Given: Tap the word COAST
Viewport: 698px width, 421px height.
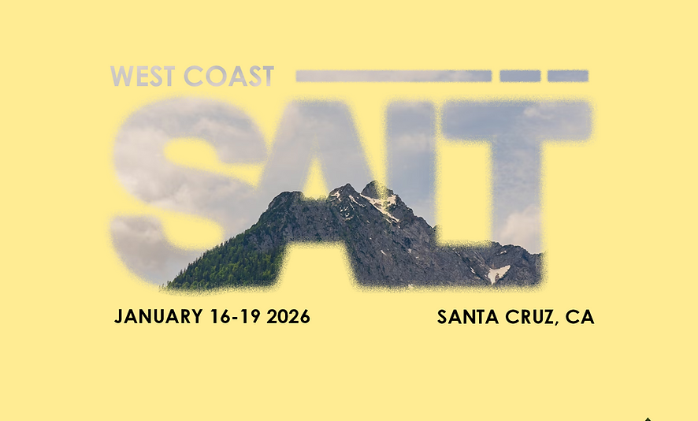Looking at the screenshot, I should pos(228,76).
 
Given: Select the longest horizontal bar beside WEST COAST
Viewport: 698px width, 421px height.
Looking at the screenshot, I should pos(393,76).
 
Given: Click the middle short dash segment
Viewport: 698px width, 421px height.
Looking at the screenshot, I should pos(520,76).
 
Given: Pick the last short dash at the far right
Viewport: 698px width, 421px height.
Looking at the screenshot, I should pos(568,76).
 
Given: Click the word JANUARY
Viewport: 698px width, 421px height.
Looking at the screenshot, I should pos(158,317).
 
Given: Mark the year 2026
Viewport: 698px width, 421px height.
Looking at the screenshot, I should pos(288,317).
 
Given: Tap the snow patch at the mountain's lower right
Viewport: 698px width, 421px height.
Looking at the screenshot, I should pos(498,274).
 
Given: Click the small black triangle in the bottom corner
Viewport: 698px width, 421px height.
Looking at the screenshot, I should pos(648,419).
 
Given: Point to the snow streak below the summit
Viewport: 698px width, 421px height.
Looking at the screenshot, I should pos(384,207).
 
